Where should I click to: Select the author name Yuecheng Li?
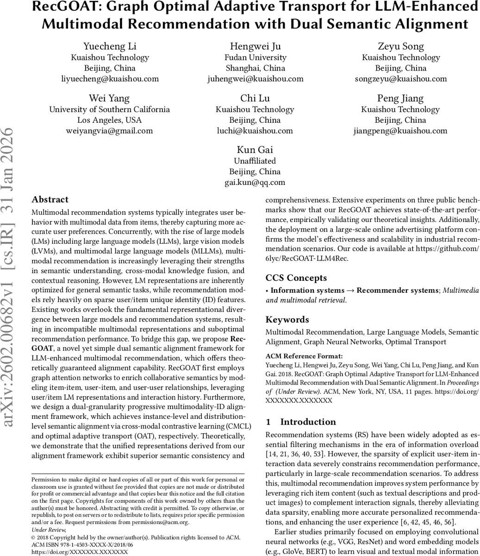(110, 46)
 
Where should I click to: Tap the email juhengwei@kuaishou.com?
(255, 79)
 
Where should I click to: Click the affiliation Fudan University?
(255, 57)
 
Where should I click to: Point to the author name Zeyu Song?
(400, 46)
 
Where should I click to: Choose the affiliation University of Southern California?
(110, 110)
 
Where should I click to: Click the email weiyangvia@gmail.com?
(110, 131)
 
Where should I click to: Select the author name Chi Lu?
(255, 98)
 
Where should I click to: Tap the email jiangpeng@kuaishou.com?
(400, 131)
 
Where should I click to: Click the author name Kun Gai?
(255, 150)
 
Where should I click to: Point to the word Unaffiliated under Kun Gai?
(255, 161)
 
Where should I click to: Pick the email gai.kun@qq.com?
(255, 182)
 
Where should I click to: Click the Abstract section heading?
(50, 200)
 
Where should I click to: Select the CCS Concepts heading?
(296, 278)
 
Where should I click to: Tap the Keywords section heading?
(287, 320)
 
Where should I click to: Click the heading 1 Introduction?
(301, 422)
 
